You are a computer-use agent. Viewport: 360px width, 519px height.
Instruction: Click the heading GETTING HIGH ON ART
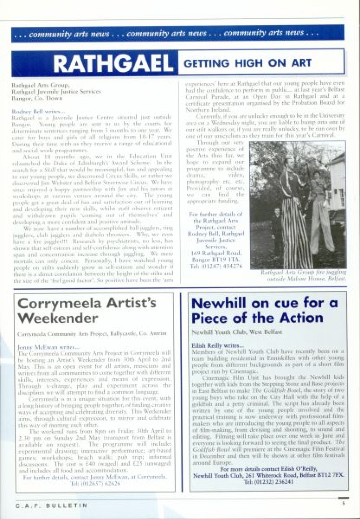(x=247, y=63)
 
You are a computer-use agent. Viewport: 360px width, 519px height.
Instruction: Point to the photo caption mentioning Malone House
(x=303, y=276)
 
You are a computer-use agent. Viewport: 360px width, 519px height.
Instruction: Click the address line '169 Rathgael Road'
(x=216, y=253)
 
